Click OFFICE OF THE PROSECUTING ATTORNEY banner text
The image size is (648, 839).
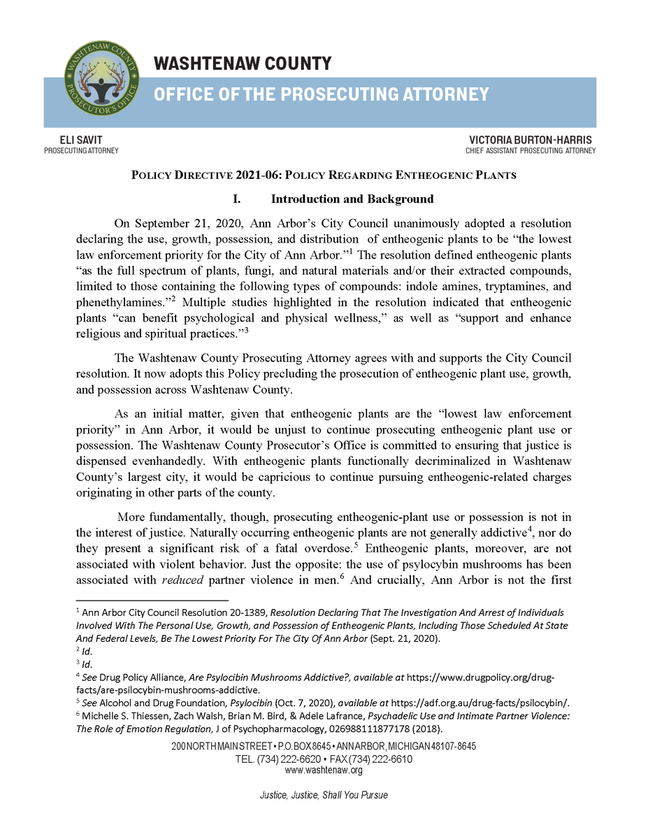point(321,94)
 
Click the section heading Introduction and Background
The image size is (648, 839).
point(352,199)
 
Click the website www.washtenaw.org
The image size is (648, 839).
point(324,770)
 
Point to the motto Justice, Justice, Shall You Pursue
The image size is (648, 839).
point(324,796)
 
